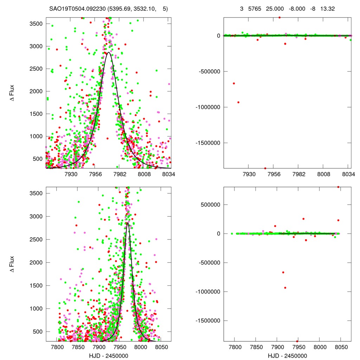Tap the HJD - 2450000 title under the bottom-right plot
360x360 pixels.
(x=288, y=355)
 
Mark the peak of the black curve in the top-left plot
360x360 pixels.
(x=108, y=53)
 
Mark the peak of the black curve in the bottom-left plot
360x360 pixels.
(x=128, y=223)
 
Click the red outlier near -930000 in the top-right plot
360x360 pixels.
(x=238, y=102)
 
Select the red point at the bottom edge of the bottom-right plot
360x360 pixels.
(x=297, y=341)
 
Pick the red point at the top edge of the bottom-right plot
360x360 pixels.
(x=338, y=187)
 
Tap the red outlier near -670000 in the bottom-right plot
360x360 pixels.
(x=283, y=272)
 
